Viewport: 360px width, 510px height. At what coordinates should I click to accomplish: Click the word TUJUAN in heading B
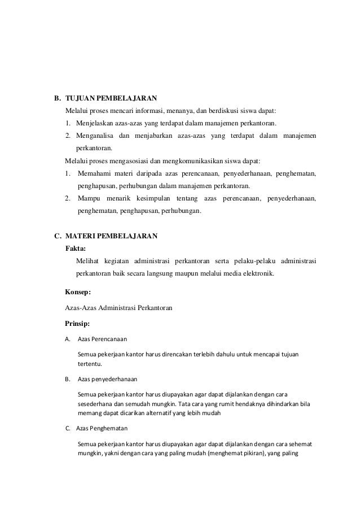[80, 97]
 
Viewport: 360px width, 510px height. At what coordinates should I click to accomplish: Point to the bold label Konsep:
[78, 292]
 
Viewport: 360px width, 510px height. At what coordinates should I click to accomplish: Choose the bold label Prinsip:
[78, 324]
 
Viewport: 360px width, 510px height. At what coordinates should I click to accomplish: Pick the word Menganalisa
[94, 136]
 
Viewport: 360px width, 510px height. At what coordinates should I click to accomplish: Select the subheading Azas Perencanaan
[102, 339]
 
